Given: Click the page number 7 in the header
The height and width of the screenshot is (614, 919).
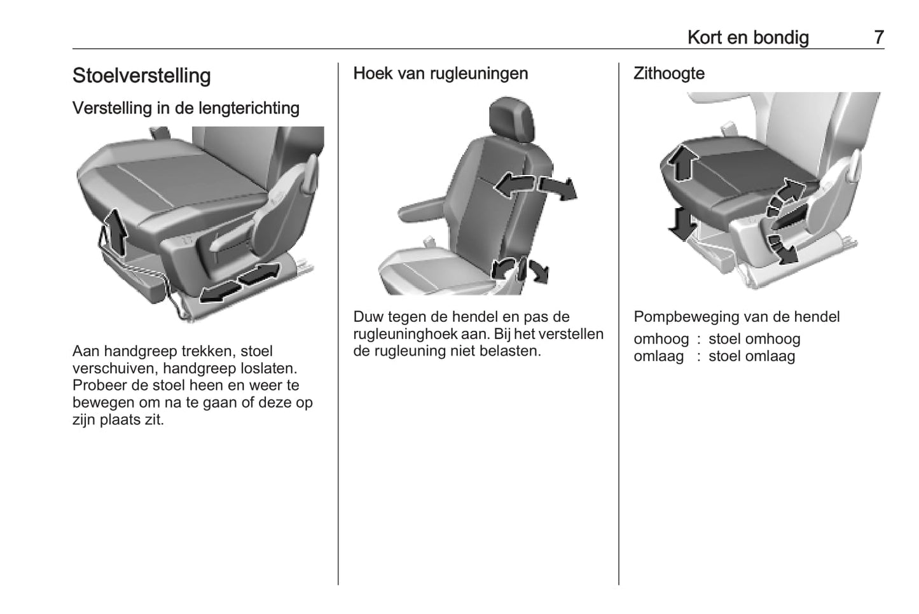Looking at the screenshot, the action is click(x=879, y=38).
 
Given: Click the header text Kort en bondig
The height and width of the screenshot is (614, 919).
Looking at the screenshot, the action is click(x=749, y=38).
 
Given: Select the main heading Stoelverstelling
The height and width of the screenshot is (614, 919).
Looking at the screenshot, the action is click(x=142, y=76).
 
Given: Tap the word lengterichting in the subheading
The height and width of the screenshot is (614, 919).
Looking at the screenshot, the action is click(x=249, y=109).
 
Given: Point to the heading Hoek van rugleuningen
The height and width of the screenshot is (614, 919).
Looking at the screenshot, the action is click(x=441, y=74).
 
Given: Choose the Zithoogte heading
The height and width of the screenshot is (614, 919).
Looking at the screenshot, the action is click(x=669, y=74).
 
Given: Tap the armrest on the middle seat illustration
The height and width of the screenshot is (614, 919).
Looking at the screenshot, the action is click(x=422, y=209).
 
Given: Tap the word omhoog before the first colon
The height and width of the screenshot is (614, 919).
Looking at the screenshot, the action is click(x=661, y=339).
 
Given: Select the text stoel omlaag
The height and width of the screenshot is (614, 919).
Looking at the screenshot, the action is click(x=752, y=356).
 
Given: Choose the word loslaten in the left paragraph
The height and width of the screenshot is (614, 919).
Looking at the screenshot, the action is click(x=269, y=368).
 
